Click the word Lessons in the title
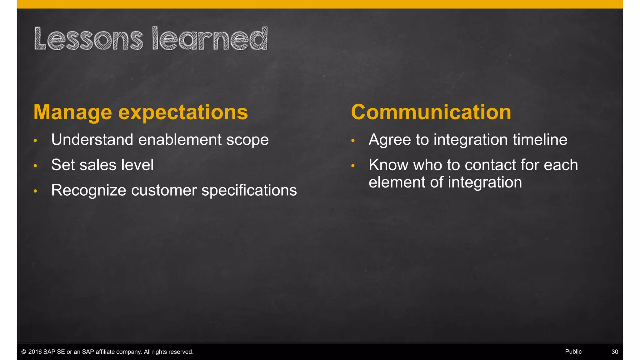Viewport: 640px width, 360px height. (x=88, y=39)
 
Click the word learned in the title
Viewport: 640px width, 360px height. (x=210, y=39)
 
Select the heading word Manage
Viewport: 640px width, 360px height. (x=72, y=112)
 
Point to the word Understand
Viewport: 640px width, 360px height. (x=92, y=139)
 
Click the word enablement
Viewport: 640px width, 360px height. (x=180, y=139)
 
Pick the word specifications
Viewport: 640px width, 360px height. (x=249, y=190)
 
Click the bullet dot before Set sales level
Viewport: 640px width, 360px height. (x=35, y=166)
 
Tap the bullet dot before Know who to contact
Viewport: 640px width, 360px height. (x=353, y=166)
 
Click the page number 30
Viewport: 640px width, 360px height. (x=614, y=352)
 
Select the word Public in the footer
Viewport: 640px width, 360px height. (x=573, y=352)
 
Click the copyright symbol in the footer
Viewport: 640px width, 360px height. (x=23, y=352)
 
